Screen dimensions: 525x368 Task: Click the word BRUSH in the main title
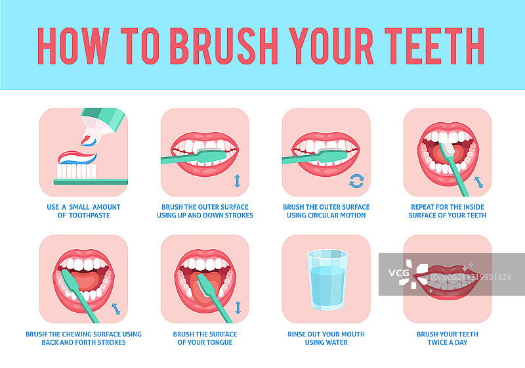tap(224, 46)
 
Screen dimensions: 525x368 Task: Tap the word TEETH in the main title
tap(434, 46)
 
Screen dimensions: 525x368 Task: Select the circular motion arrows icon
tap(356, 181)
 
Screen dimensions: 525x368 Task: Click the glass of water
tap(327, 280)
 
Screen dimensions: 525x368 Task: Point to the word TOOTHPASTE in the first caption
tap(89, 215)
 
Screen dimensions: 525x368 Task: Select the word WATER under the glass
tap(337, 342)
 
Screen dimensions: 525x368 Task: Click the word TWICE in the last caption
tap(438, 342)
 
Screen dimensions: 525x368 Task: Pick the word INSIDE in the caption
tap(472, 207)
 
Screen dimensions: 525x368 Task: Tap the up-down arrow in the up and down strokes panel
tap(237, 181)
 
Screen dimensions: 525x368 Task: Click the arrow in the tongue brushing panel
tap(238, 308)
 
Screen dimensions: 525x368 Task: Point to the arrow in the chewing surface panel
tap(116, 309)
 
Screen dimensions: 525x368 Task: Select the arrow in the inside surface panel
tap(479, 182)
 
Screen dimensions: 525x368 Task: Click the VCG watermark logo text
tap(398, 273)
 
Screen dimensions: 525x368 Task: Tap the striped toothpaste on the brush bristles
tap(77, 158)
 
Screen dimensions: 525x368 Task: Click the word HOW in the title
tap(73, 46)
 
